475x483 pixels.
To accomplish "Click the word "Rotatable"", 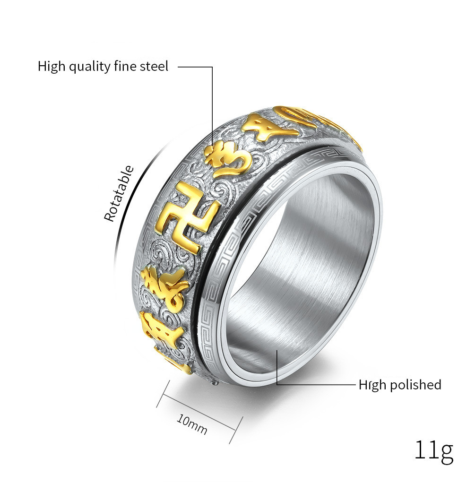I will (x=119, y=194).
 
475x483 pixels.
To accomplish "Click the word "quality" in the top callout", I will (x=89, y=67).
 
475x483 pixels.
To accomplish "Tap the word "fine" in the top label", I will (x=124, y=66).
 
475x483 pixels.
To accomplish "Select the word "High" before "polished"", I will (x=372, y=385).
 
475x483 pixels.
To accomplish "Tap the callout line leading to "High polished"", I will (x=317, y=384).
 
